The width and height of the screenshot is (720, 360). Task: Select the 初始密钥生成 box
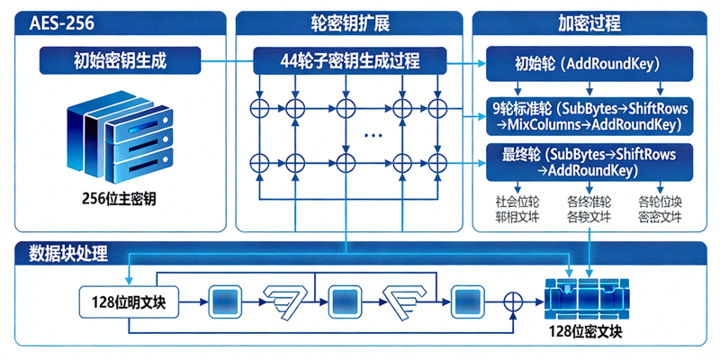(121, 62)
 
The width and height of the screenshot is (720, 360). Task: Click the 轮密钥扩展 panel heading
(348, 22)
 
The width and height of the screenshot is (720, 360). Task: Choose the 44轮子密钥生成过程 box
(350, 62)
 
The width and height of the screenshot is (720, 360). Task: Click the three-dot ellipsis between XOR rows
(373, 135)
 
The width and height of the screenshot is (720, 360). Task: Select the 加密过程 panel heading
(589, 22)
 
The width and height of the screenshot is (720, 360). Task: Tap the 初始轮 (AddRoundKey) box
(589, 64)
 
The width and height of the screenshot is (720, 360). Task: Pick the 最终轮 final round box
(590, 162)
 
